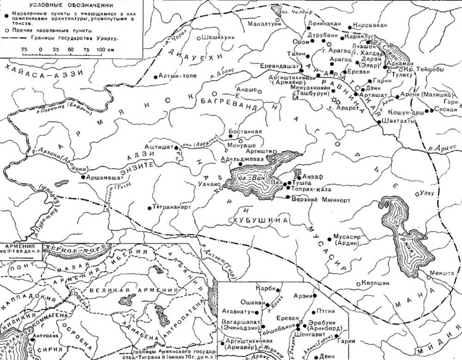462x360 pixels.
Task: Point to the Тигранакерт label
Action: click(x=175, y=207)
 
